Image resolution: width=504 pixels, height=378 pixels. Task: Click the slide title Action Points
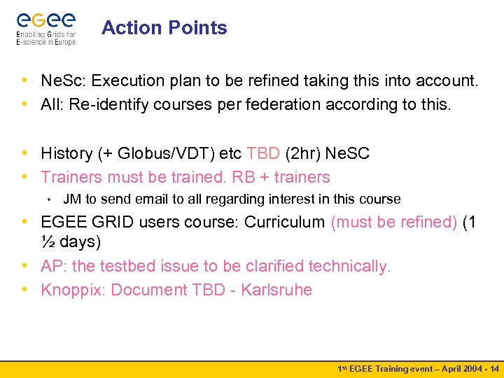pyautogui.click(x=164, y=28)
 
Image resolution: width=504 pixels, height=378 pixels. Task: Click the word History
pyautogui.click(x=66, y=153)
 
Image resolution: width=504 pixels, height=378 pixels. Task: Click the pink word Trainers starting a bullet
pyautogui.click(x=71, y=177)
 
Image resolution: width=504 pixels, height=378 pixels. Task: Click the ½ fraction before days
pyautogui.click(x=48, y=243)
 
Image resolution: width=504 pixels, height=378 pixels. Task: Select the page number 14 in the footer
pyautogui.click(x=494, y=369)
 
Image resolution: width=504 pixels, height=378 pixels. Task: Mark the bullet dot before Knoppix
pyautogui.click(x=25, y=290)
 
